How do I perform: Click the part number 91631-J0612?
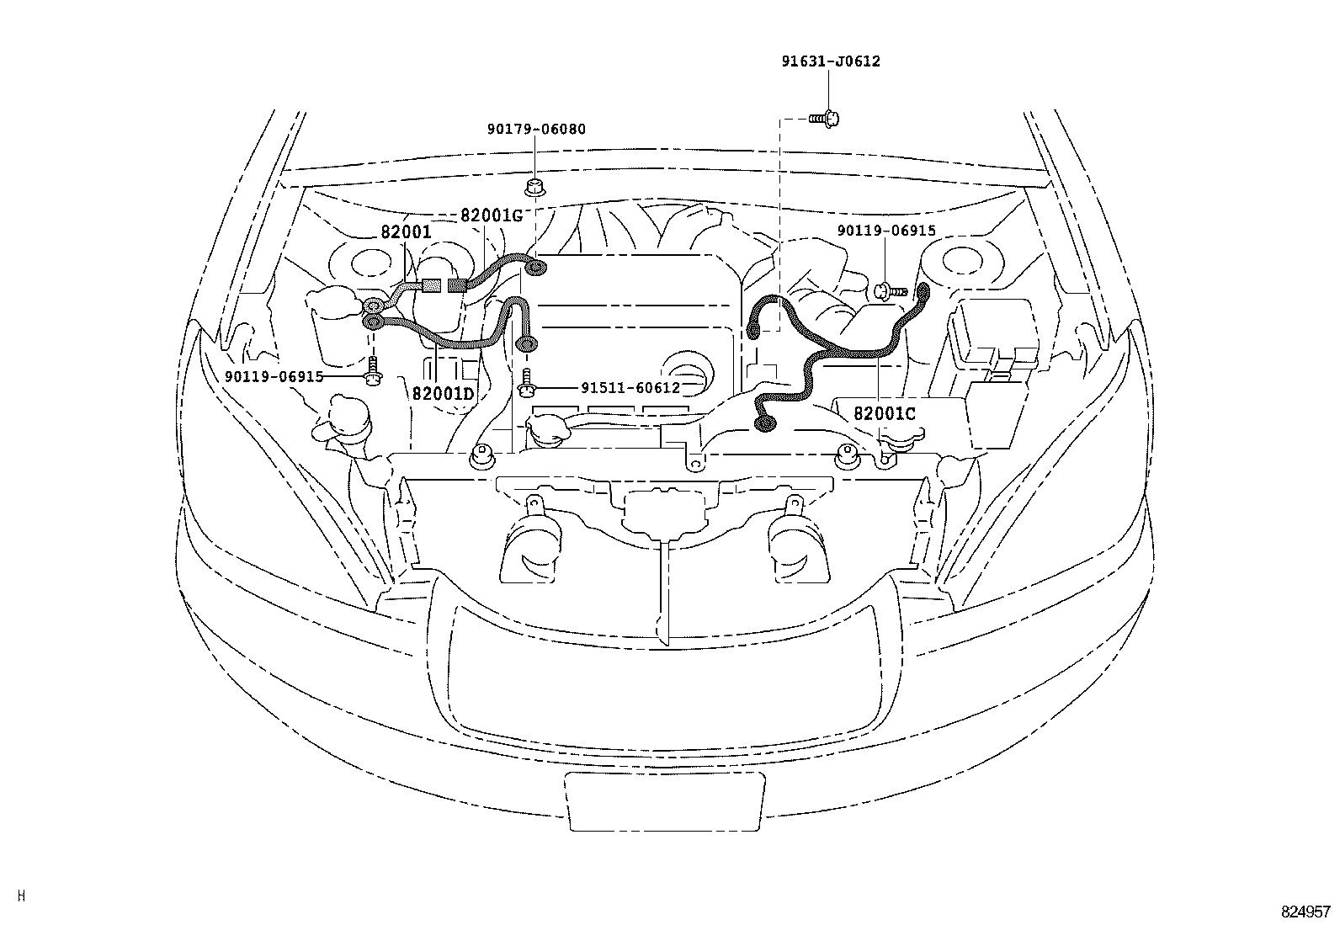click(x=829, y=61)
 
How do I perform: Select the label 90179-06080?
click(x=536, y=130)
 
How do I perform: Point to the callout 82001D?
click(x=444, y=394)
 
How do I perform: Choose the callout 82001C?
click(x=884, y=414)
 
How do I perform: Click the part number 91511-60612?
click(x=630, y=388)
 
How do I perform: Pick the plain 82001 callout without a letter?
click(x=406, y=231)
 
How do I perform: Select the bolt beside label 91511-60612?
click(x=527, y=384)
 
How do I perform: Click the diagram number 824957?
click(x=1305, y=912)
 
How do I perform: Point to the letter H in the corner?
click(x=21, y=896)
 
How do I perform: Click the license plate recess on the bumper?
click(x=666, y=801)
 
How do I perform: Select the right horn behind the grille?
click(x=790, y=548)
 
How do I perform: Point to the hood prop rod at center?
click(x=665, y=589)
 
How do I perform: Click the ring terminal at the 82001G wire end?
click(x=535, y=268)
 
